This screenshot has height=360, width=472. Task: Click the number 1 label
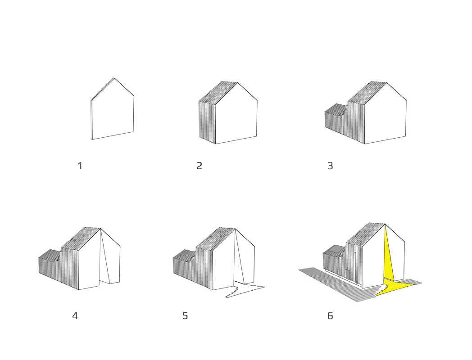coord(80,166)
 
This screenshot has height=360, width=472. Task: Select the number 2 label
coord(199,166)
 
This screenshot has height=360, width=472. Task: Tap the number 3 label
coord(330,166)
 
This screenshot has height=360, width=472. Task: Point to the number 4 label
coord(75,316)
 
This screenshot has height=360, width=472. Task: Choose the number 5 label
coord(185,316)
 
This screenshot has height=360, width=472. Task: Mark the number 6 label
coord(330,316)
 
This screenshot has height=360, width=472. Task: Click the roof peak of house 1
coord(114,78)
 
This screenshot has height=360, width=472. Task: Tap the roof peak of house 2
coord(238,83)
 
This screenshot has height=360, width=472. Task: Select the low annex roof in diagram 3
coord(335,108)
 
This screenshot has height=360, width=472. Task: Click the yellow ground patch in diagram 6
coord(396,287)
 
